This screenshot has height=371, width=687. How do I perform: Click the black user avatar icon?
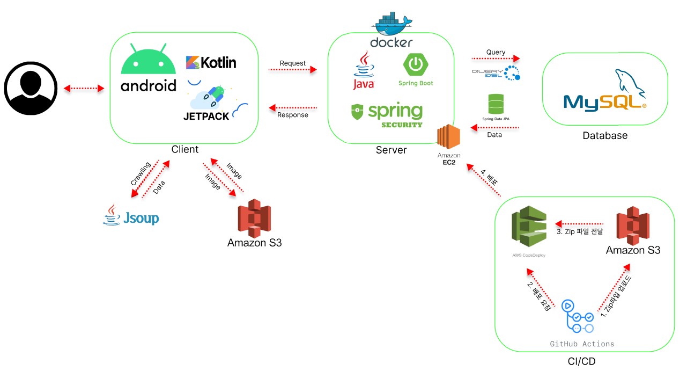[x=31, y=88]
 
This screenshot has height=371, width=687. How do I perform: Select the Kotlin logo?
[x=211, y=62]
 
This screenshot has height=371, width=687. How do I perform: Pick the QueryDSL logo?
[x=496, y=73]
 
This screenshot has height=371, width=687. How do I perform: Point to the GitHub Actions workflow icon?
[x=577, y=317]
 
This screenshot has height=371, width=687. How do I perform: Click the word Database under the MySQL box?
[x=605, y=136]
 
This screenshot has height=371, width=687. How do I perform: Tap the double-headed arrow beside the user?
[x=84, y=88]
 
